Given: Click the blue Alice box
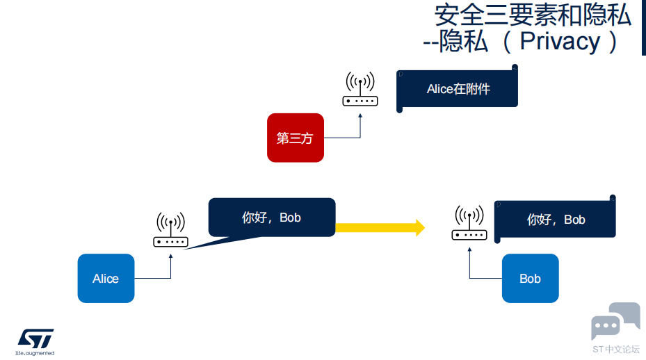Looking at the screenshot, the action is click(106, 279).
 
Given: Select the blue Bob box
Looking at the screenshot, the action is click(531, 279).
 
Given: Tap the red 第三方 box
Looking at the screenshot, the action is click(296, 138).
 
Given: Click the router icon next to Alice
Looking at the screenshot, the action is click(170, 230).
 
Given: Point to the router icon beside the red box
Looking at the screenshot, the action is click(360, 89).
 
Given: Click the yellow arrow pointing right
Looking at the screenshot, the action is click(380, 228).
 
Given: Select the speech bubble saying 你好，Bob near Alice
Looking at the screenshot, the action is click(272, 218).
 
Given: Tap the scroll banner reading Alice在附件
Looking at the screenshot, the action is click(457, 88).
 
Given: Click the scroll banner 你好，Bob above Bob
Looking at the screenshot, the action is click(555, 219).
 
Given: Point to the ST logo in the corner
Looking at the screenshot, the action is click(35, 338).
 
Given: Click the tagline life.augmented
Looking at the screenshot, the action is click(35, 353).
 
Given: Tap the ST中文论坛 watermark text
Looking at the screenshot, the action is click(616, 350).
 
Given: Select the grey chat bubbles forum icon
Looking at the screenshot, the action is click(615, 321).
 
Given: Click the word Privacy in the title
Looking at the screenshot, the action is click(560, 41).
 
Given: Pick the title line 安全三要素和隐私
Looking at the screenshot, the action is click(533, 15).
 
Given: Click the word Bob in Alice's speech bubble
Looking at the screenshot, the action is click(290, 218).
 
